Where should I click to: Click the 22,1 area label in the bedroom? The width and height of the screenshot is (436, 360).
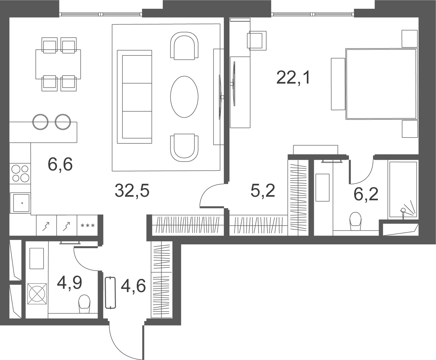293,78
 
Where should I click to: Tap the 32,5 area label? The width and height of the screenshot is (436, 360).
132,191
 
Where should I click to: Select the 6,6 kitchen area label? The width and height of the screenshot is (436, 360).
60,164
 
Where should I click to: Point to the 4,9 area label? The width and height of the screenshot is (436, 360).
69,283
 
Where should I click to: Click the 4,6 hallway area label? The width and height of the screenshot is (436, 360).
133,286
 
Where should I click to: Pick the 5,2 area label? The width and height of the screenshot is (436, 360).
263,191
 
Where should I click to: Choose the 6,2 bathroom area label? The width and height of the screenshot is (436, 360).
366,194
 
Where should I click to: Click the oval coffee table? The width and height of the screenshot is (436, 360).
184,97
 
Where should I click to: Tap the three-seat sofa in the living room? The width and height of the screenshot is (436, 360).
134,97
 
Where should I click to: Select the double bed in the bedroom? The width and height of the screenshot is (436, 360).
381,84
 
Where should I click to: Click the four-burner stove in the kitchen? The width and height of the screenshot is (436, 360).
20,174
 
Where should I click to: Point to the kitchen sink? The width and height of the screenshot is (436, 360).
20,203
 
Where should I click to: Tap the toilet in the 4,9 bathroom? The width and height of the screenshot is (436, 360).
84,304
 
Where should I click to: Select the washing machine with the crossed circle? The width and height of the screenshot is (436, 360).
37,294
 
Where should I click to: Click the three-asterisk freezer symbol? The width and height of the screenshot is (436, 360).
88,226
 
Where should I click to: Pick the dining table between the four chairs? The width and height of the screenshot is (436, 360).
58,64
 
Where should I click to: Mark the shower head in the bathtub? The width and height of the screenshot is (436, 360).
403,211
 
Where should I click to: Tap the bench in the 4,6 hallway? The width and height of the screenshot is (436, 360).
110,292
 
